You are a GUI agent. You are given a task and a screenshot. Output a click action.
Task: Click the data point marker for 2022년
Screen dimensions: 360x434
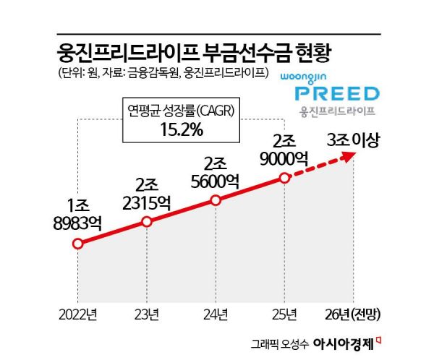(x=77, y=244)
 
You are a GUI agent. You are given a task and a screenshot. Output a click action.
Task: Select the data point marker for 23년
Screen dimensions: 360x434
(x=147, y=221)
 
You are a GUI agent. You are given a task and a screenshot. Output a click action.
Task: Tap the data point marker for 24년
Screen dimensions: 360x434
(x=216, y=200)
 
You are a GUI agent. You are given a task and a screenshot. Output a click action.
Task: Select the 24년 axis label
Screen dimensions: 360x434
(x=216, y=314)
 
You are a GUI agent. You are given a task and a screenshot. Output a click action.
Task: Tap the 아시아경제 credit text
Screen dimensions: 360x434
(x=347, y=342)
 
